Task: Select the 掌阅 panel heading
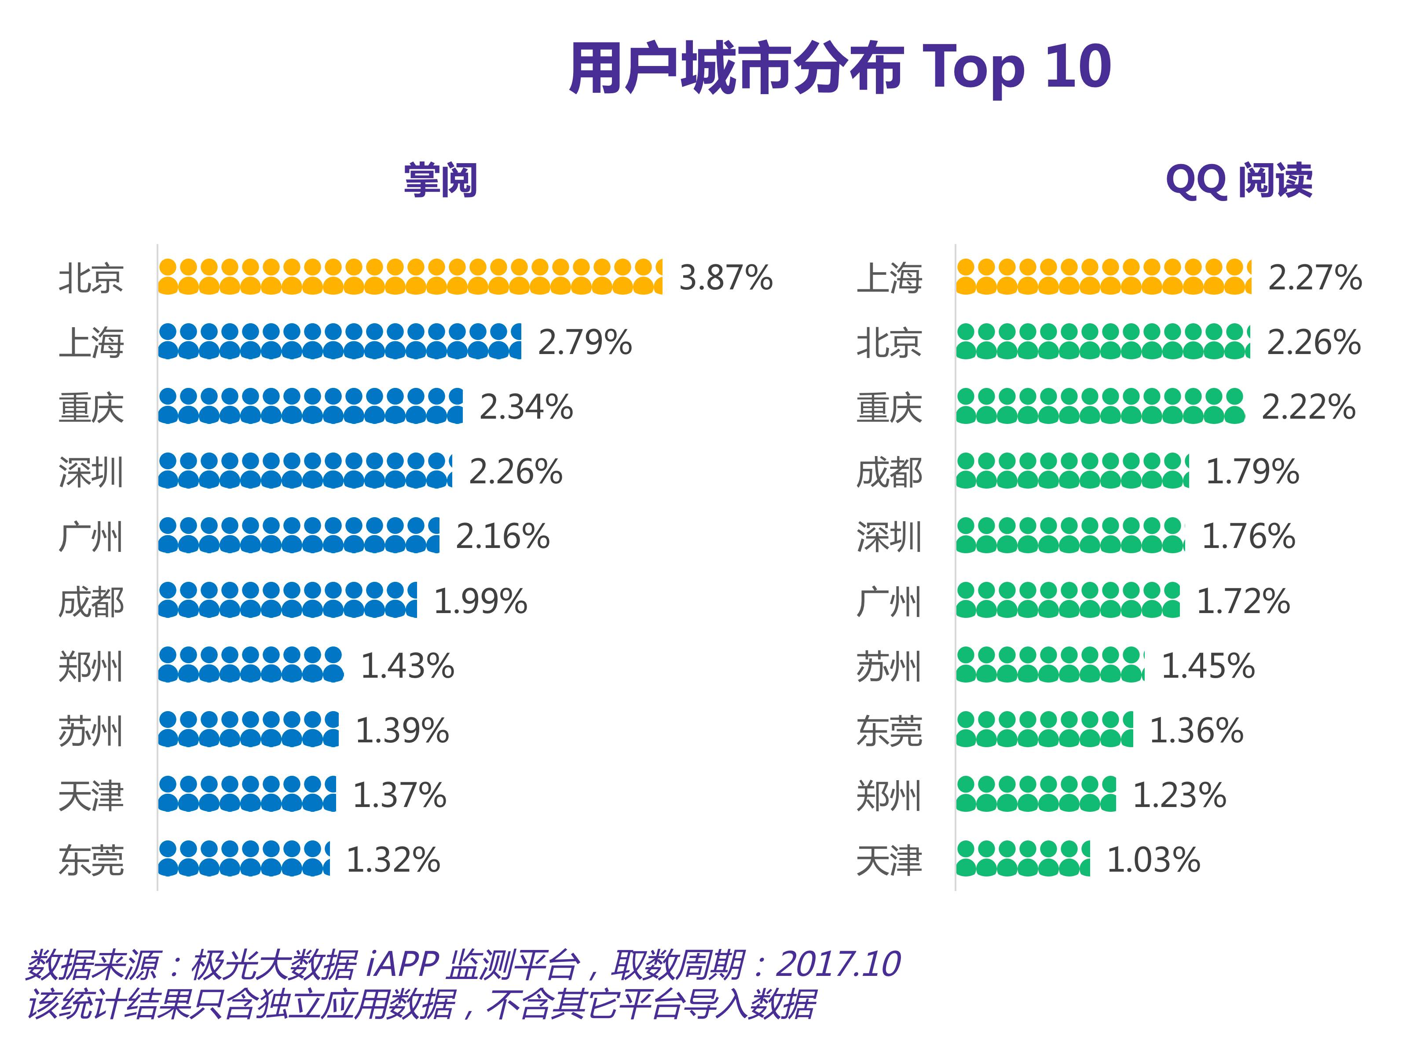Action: click(x=440, y=180)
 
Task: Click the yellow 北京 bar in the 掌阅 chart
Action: click(x=410, y=277)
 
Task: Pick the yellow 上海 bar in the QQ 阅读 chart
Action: click(x=1103, y=277)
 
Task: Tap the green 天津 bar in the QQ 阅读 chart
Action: click(x=1023, y=859)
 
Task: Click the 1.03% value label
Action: click(x=1153, y=860)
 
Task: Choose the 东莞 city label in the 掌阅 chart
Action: click(x=91, y=861)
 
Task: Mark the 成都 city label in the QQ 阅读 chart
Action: click(x=889, y=473)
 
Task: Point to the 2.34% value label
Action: click(x=526, y=407)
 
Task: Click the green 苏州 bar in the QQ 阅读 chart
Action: click(x=1050, y=665)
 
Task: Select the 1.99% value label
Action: click(x=480, y=602)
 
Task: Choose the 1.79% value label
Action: click(x=1252, y=472)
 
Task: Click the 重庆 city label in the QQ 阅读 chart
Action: click(x=889, y=408)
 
